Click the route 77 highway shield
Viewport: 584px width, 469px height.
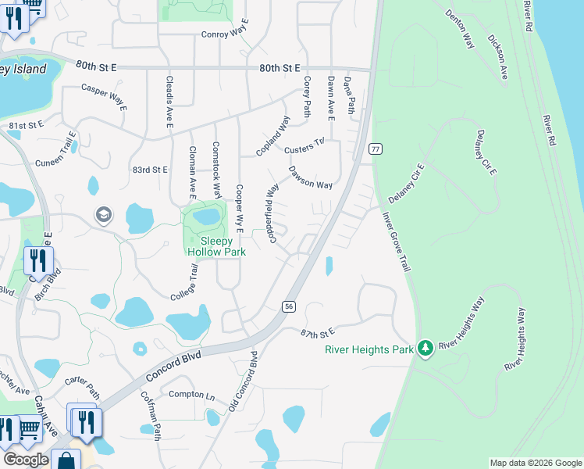pos(376,149)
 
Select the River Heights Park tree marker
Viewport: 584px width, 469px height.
pos(425,347)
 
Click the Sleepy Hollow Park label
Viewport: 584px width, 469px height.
pos(217,246)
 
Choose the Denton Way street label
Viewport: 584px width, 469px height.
pos(461,29)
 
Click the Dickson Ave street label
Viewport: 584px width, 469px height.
pos(497,55)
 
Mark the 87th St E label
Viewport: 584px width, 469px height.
pos(317,333)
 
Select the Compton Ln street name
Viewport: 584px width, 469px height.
pos(191,395)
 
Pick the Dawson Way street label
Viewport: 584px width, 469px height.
pos(311,177)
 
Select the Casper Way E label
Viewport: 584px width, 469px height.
pos(104,96)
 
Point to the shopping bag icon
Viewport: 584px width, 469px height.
pos(66,460)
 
